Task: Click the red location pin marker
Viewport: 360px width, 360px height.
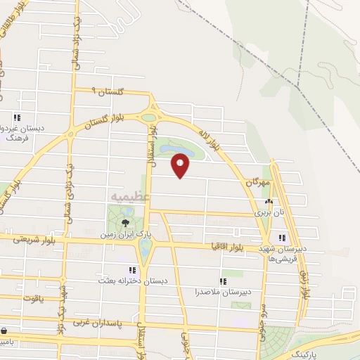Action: (181, 167)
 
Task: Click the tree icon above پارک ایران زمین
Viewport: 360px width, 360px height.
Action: (125, 222)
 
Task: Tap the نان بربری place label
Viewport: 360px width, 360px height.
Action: (267, 211)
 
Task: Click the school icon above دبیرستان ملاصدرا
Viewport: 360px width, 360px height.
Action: (223, 281)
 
